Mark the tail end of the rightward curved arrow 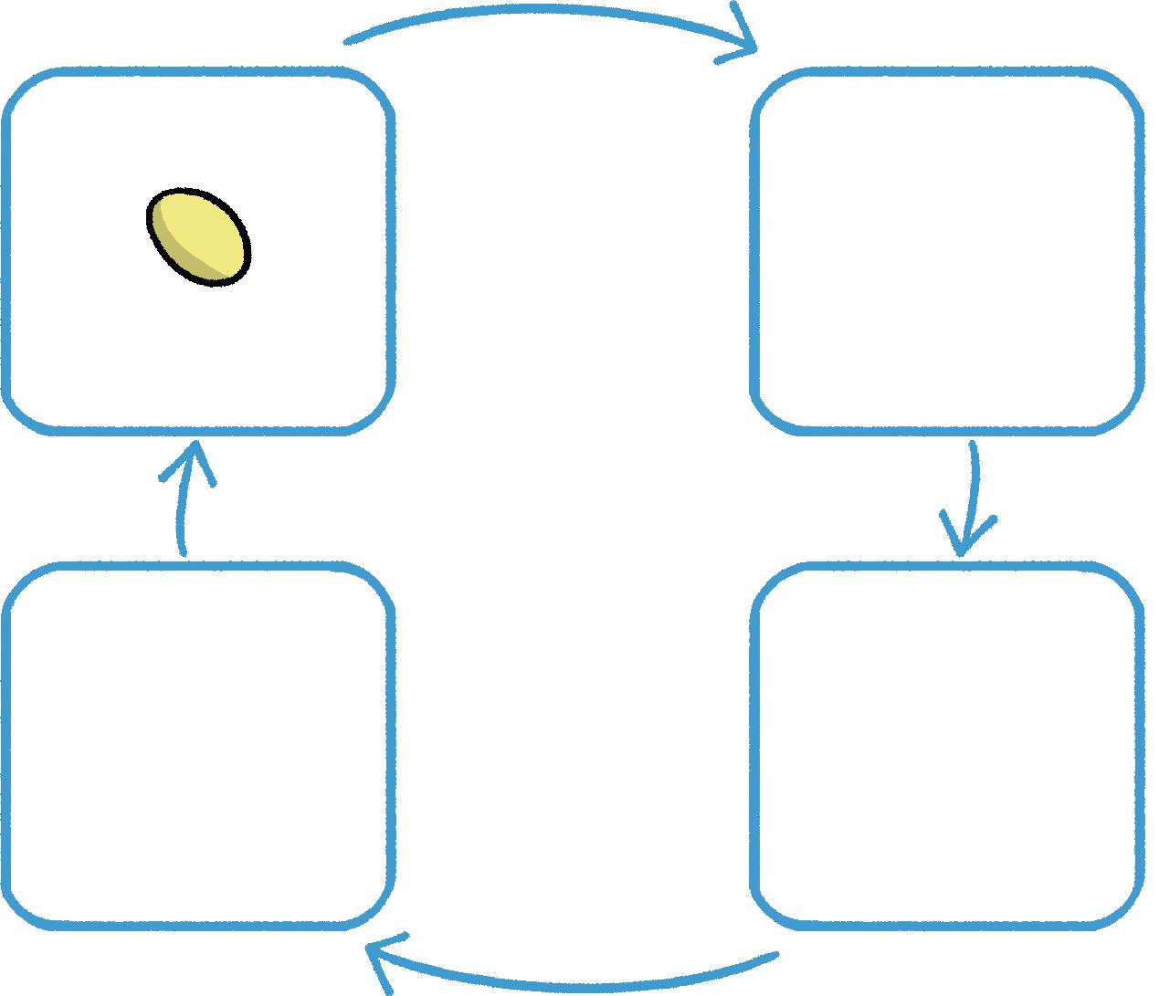pos(348,40)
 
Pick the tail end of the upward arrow pos(184,551)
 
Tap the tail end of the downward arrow pos(974,446)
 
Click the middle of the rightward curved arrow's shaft pos(548,11)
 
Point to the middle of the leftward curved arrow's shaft pos(575,983)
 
